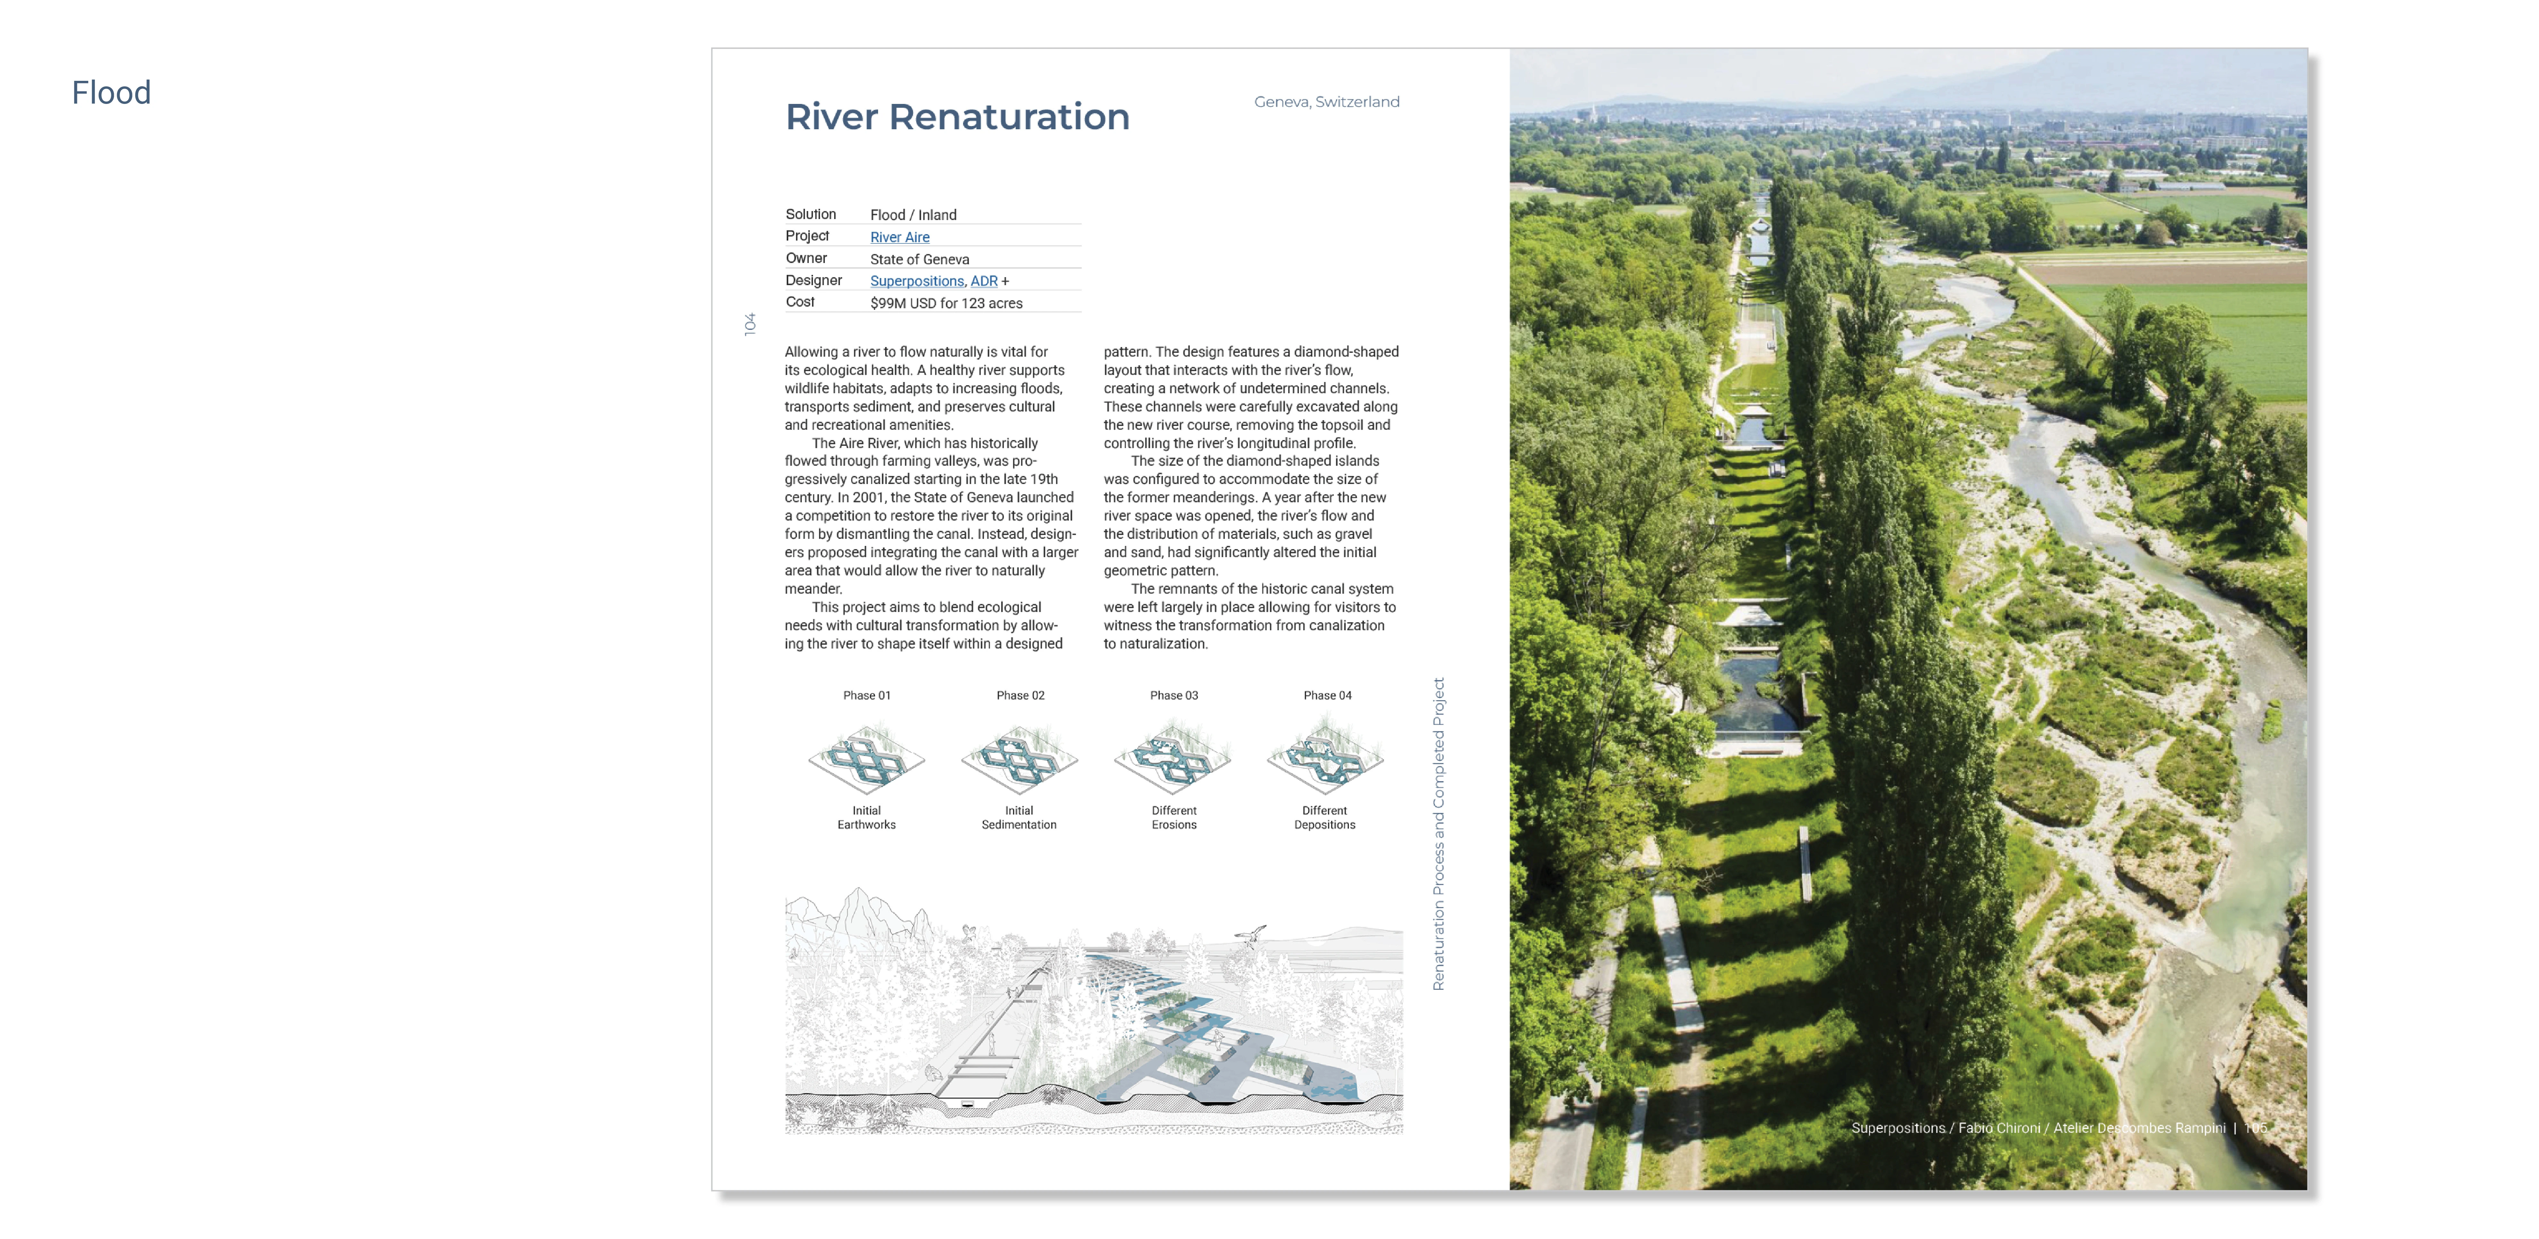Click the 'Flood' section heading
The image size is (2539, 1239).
pos(111,93)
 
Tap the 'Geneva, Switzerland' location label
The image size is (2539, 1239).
pos(1326,102)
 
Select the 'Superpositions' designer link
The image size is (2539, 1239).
pos(916,281)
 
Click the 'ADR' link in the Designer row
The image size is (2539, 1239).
pos(984,281)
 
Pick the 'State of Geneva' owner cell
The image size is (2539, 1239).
pos(918,259)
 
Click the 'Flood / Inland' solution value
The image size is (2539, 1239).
pos(913,215)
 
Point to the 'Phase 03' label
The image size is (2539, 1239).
pos(1173,695)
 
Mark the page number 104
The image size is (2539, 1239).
pos(750,324)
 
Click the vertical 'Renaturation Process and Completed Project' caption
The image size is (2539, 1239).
pos(1438,833)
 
